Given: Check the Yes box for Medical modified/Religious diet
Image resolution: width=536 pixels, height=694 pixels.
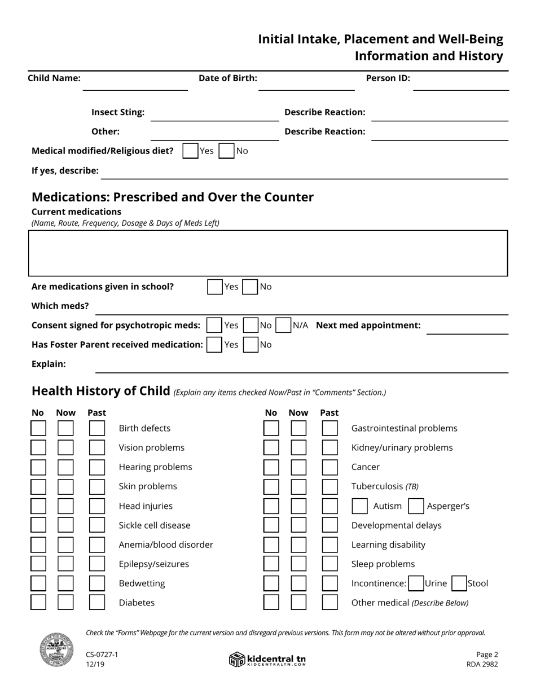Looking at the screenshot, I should click(x=191, y=151).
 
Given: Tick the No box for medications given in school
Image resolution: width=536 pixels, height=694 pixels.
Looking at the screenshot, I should click(x=250, y=287).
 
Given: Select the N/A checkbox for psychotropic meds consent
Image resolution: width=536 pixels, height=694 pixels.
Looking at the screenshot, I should click(x=283, y=326).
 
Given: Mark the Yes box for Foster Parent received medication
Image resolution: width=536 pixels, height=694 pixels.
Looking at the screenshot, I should click(x=214, y=345).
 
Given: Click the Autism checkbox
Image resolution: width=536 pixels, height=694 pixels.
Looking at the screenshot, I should click(x=360, y=506).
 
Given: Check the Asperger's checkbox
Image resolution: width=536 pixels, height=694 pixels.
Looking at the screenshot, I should click(x=416, y=506).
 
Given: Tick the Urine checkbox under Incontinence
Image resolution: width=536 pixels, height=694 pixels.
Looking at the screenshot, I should click(x=416, y=583).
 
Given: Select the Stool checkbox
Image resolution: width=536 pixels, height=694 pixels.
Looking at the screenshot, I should click(x=459, y=583).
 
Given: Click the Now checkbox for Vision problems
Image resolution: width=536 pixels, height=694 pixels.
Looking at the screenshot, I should click(x=65, y=448).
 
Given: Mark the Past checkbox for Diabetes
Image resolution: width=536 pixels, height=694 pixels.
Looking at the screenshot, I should click(x=97, y=603).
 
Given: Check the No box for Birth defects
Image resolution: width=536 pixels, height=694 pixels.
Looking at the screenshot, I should click(x=38, y=428).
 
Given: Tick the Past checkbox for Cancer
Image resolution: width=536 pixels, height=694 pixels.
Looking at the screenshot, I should click(x=329, y=467).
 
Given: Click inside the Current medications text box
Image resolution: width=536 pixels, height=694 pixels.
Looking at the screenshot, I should click(x=268, y=253).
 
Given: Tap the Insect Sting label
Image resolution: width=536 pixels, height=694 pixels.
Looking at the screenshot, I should click(x=118, y=112).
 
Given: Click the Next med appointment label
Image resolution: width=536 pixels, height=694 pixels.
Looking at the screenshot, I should click(x=368, y=326).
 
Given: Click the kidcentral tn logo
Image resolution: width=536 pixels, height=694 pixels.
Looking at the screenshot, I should click(x=267, y=659).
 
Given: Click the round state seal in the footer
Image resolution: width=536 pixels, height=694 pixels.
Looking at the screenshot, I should click(x=56, y=649).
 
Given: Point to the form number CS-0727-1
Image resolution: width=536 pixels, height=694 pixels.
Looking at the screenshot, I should click(x=102, y=655).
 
